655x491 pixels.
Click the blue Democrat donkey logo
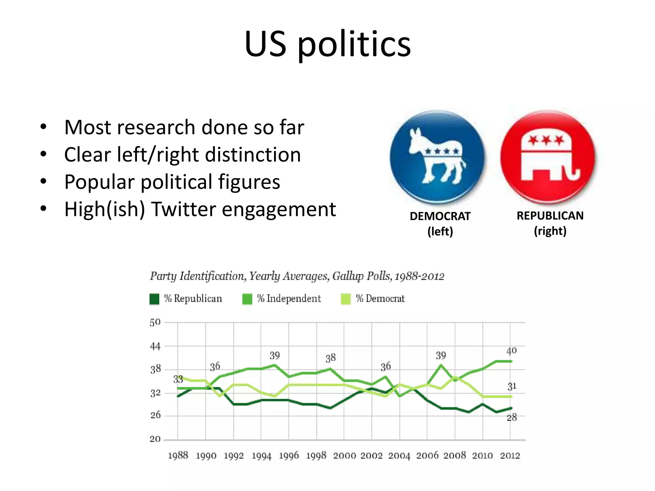click(438, 157)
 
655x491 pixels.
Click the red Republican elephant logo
click(548, 157)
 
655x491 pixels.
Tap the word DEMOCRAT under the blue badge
click(440, 216)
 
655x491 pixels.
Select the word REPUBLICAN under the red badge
click(550, 216)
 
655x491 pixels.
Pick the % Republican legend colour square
click(154, 299)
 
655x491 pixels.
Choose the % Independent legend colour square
click(247, 299)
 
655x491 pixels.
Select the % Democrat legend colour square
click(346, 299)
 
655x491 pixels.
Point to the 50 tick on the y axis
click(155, 322)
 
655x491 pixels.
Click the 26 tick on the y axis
click(155, 415)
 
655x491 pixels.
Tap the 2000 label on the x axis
click(344, 456)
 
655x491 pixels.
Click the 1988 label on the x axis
click(178, 456)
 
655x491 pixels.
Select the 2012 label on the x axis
click(510, 456)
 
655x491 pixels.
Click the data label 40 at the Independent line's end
click(511, 351)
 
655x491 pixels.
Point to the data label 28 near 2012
click(512, 417)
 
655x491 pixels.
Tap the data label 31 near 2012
click(512, 386)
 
